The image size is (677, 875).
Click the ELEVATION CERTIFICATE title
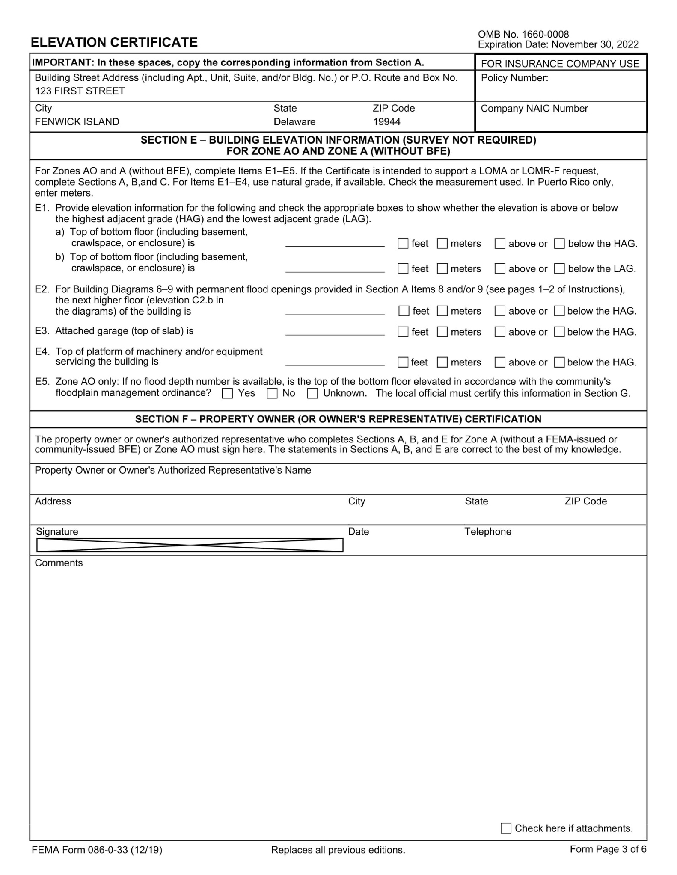114,42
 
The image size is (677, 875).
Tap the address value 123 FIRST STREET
80,91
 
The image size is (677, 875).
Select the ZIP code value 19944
386,122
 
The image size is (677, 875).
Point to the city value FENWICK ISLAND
77,122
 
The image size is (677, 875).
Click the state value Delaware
294,122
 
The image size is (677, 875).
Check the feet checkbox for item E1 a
403,244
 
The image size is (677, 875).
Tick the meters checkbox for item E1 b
442,269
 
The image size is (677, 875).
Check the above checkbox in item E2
500,311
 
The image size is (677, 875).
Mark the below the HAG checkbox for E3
559,332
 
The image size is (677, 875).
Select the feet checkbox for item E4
403,362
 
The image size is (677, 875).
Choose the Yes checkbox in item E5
228,394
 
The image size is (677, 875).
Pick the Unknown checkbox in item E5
313,394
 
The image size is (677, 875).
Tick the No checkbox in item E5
272,394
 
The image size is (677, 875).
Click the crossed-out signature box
190,545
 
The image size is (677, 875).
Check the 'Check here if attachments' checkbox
506,828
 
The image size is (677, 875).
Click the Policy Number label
514,78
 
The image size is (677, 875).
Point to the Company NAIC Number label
534,109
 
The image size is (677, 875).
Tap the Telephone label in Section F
488,532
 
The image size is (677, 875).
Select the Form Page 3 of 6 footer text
608,849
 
